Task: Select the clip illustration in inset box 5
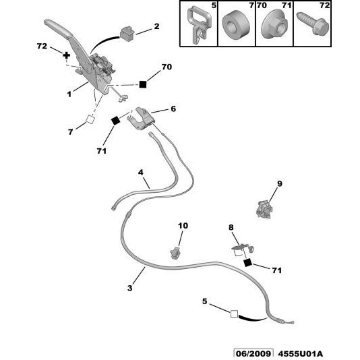tap(200, 24)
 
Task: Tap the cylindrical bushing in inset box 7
tap(236, 25)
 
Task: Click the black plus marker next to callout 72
tap(66, 55)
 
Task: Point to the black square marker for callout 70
tap(142, 84)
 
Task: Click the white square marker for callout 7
tap(90, 119)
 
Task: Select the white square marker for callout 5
tap(234, 314)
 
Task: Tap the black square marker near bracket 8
tap(247, 263)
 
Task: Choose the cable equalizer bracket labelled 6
tap(140, 119)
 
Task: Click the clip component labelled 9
tap(264, 209)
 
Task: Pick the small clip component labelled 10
tap(176, 253)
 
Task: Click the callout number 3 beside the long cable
tap(130, 288)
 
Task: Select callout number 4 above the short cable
tap(141, 172)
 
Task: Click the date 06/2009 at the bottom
tap(253, 353)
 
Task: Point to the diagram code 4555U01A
tap(300, 353)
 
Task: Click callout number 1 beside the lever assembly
tap(69, 94)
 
